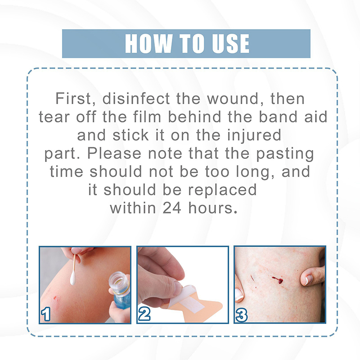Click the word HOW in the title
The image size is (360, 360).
[x=148, y=44]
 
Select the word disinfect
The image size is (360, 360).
[x=136, y=98]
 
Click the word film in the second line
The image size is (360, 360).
[x=147, y=117]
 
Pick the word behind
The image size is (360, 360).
[x=195, y=117]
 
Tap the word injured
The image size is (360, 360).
[x=254, y=135]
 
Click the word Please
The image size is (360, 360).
[x=114, y=153]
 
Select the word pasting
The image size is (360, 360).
[x=285, y=154]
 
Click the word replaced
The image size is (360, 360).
[x=222, y=190]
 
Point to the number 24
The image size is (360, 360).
[x=172, y=208]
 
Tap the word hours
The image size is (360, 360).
[x=212, y=208]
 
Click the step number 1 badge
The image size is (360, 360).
[x=46, y=314]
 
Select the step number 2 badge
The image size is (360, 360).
[x=144, y=314]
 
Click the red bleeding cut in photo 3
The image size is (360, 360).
[x=278, y=280]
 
